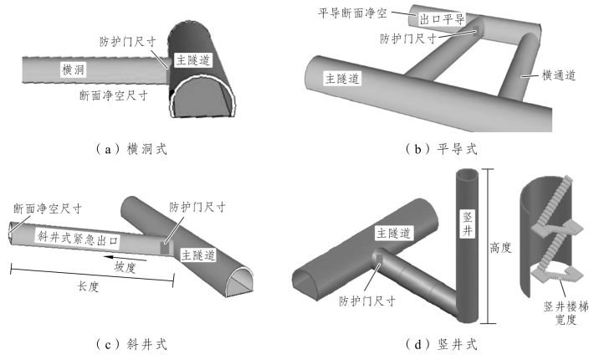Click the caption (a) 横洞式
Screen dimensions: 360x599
135,149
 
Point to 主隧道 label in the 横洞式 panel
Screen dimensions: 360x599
193,61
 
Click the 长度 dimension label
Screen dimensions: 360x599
87,285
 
